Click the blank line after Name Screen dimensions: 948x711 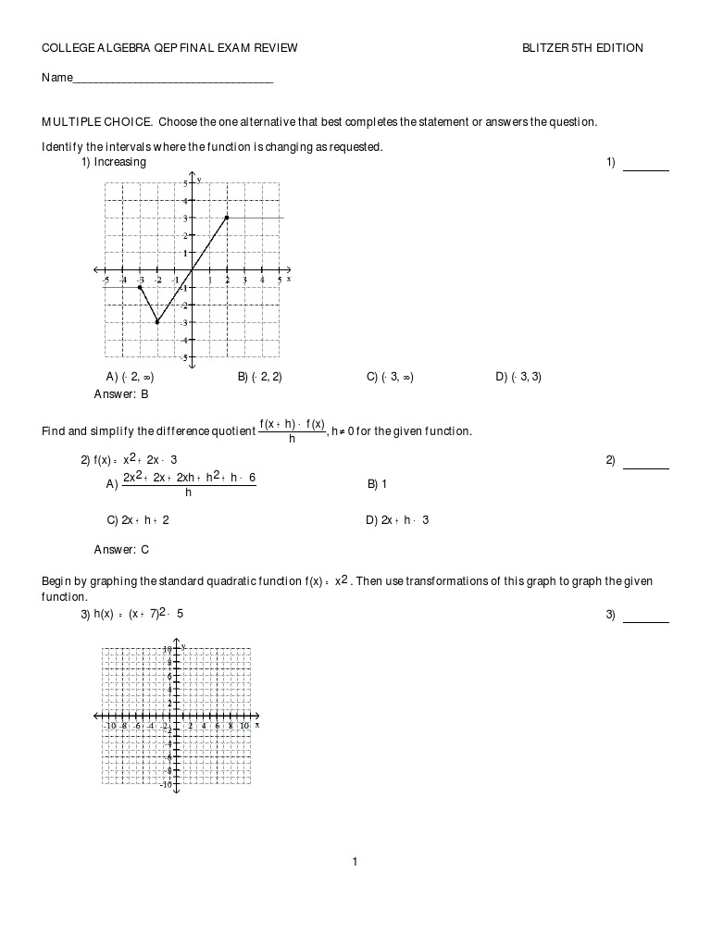pyautogui.click(x=172, y=80)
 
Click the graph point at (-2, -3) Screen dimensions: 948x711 pyautogui.click(x=157, y=322)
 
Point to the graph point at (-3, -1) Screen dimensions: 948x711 pyautogui.click(x=140, y=287)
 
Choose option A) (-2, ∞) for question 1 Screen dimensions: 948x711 pyautogui.click(x=131, y=377)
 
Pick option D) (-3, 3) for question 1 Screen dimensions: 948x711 pyautogui.click(x=518, y=377)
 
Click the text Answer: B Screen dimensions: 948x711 pyautogui.click(x=121, y=394)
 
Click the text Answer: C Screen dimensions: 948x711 pyautogui.click(x=121, y=550)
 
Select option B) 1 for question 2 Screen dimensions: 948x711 pyautogui.click(x=377, y=483)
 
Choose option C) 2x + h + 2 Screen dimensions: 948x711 pyautogui.click(x=138, y=520)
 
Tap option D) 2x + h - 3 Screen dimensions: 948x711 pyautogui.click(x=397, y=520)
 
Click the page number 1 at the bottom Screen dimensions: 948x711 pyautogui.click(x=355, y=863)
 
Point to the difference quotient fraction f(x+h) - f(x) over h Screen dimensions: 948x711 pyautogui.click(x=292, y=431)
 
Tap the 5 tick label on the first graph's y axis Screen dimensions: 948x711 pyautogui.click(x=185, y=183)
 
